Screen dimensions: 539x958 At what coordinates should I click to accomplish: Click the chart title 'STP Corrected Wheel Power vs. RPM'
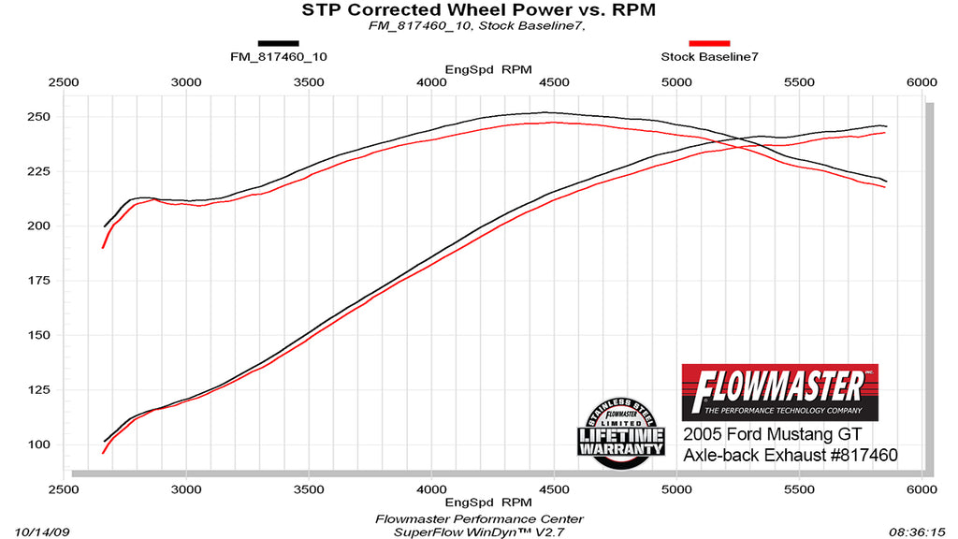(x=478, y=10)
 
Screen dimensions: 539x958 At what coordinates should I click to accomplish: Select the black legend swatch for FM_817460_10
(x=278, y=42)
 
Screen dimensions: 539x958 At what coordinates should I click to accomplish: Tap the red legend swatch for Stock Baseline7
(x=709, y=42)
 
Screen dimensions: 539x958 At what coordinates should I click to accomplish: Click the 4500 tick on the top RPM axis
(x=554, y=82)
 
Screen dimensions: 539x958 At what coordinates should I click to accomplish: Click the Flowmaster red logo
(x=780, y=391)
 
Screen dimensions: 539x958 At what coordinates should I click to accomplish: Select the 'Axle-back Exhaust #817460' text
(x=791, y=455)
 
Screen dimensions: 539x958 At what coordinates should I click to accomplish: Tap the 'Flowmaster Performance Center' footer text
(x=479, y=518)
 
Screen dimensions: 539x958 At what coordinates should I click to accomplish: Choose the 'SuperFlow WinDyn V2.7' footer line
(x=479, y=532)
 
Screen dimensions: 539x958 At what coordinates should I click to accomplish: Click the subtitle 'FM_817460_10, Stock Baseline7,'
(x=477, y=26)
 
